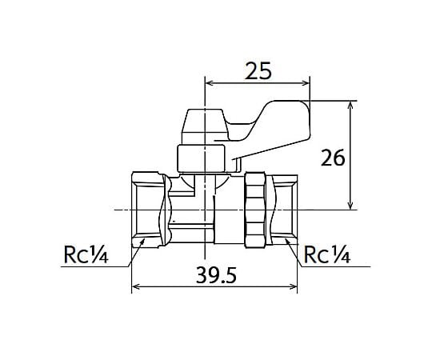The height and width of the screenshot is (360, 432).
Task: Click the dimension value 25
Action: pos(258,70)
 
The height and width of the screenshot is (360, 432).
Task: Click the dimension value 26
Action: pos(333,158)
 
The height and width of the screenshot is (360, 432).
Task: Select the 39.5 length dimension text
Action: pos(216,275)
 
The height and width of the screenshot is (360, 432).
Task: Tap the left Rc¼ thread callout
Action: pos(86,254)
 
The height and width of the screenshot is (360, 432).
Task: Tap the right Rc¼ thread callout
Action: pos(327,254)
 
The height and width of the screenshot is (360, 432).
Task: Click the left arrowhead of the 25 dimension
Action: pos(210,83)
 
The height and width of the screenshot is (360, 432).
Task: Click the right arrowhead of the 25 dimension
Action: pos(306,83)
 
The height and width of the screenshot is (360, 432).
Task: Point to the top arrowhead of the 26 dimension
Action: pos(350,106)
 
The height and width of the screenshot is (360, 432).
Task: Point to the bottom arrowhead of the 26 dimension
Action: pos(350,206)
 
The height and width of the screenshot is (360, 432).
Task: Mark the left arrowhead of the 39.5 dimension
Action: pos(136,286)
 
